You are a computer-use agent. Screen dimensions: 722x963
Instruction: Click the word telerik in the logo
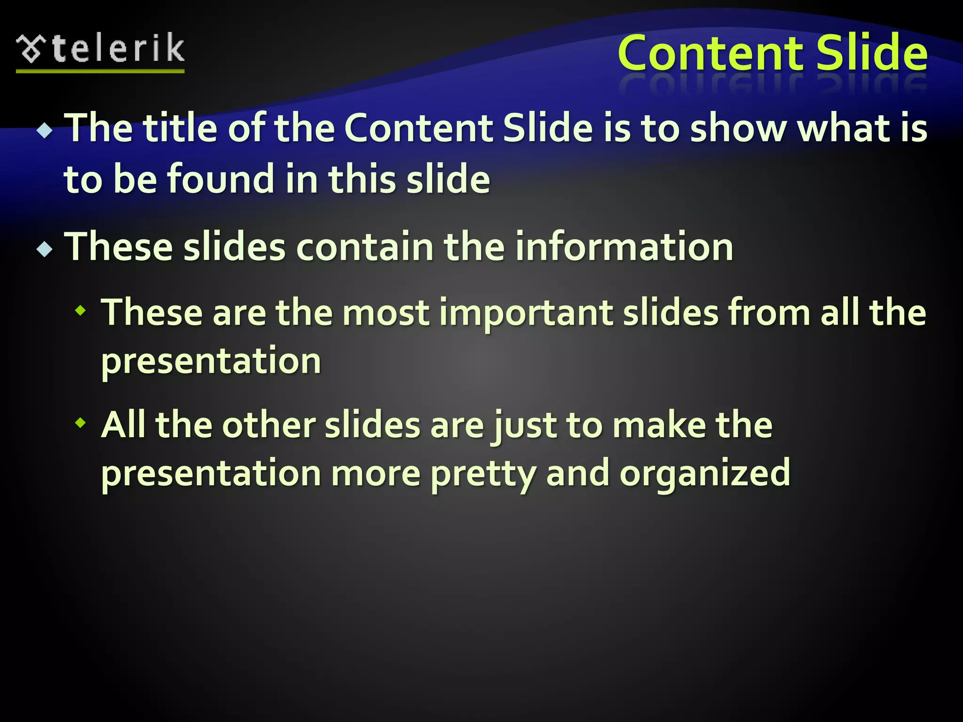pyautogui.click(x=118, y=48)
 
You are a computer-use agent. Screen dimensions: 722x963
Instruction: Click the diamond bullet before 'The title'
pyautogui.click(x=45, y=130)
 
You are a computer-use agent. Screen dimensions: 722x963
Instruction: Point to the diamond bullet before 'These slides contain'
pyautogui.click(x=45, y=249)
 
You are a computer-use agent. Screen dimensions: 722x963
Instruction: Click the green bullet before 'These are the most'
pyautogui.click(x=81, y=310)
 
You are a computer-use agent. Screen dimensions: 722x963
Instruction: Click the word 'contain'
pyautogui.click(x=364, y=247)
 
